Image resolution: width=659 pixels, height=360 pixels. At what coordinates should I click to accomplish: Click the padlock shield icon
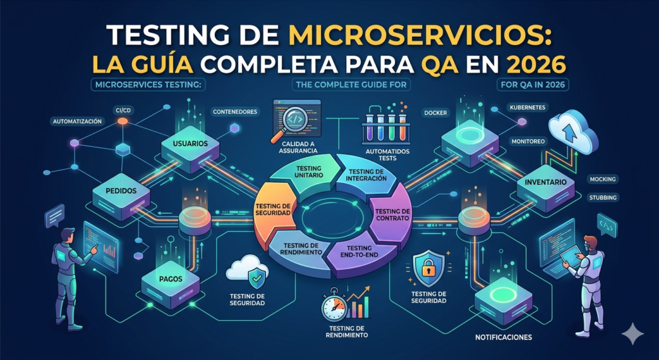click(x=427, y=268)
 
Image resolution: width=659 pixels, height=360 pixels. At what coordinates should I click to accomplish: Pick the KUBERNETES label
click(x=528, y=107)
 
